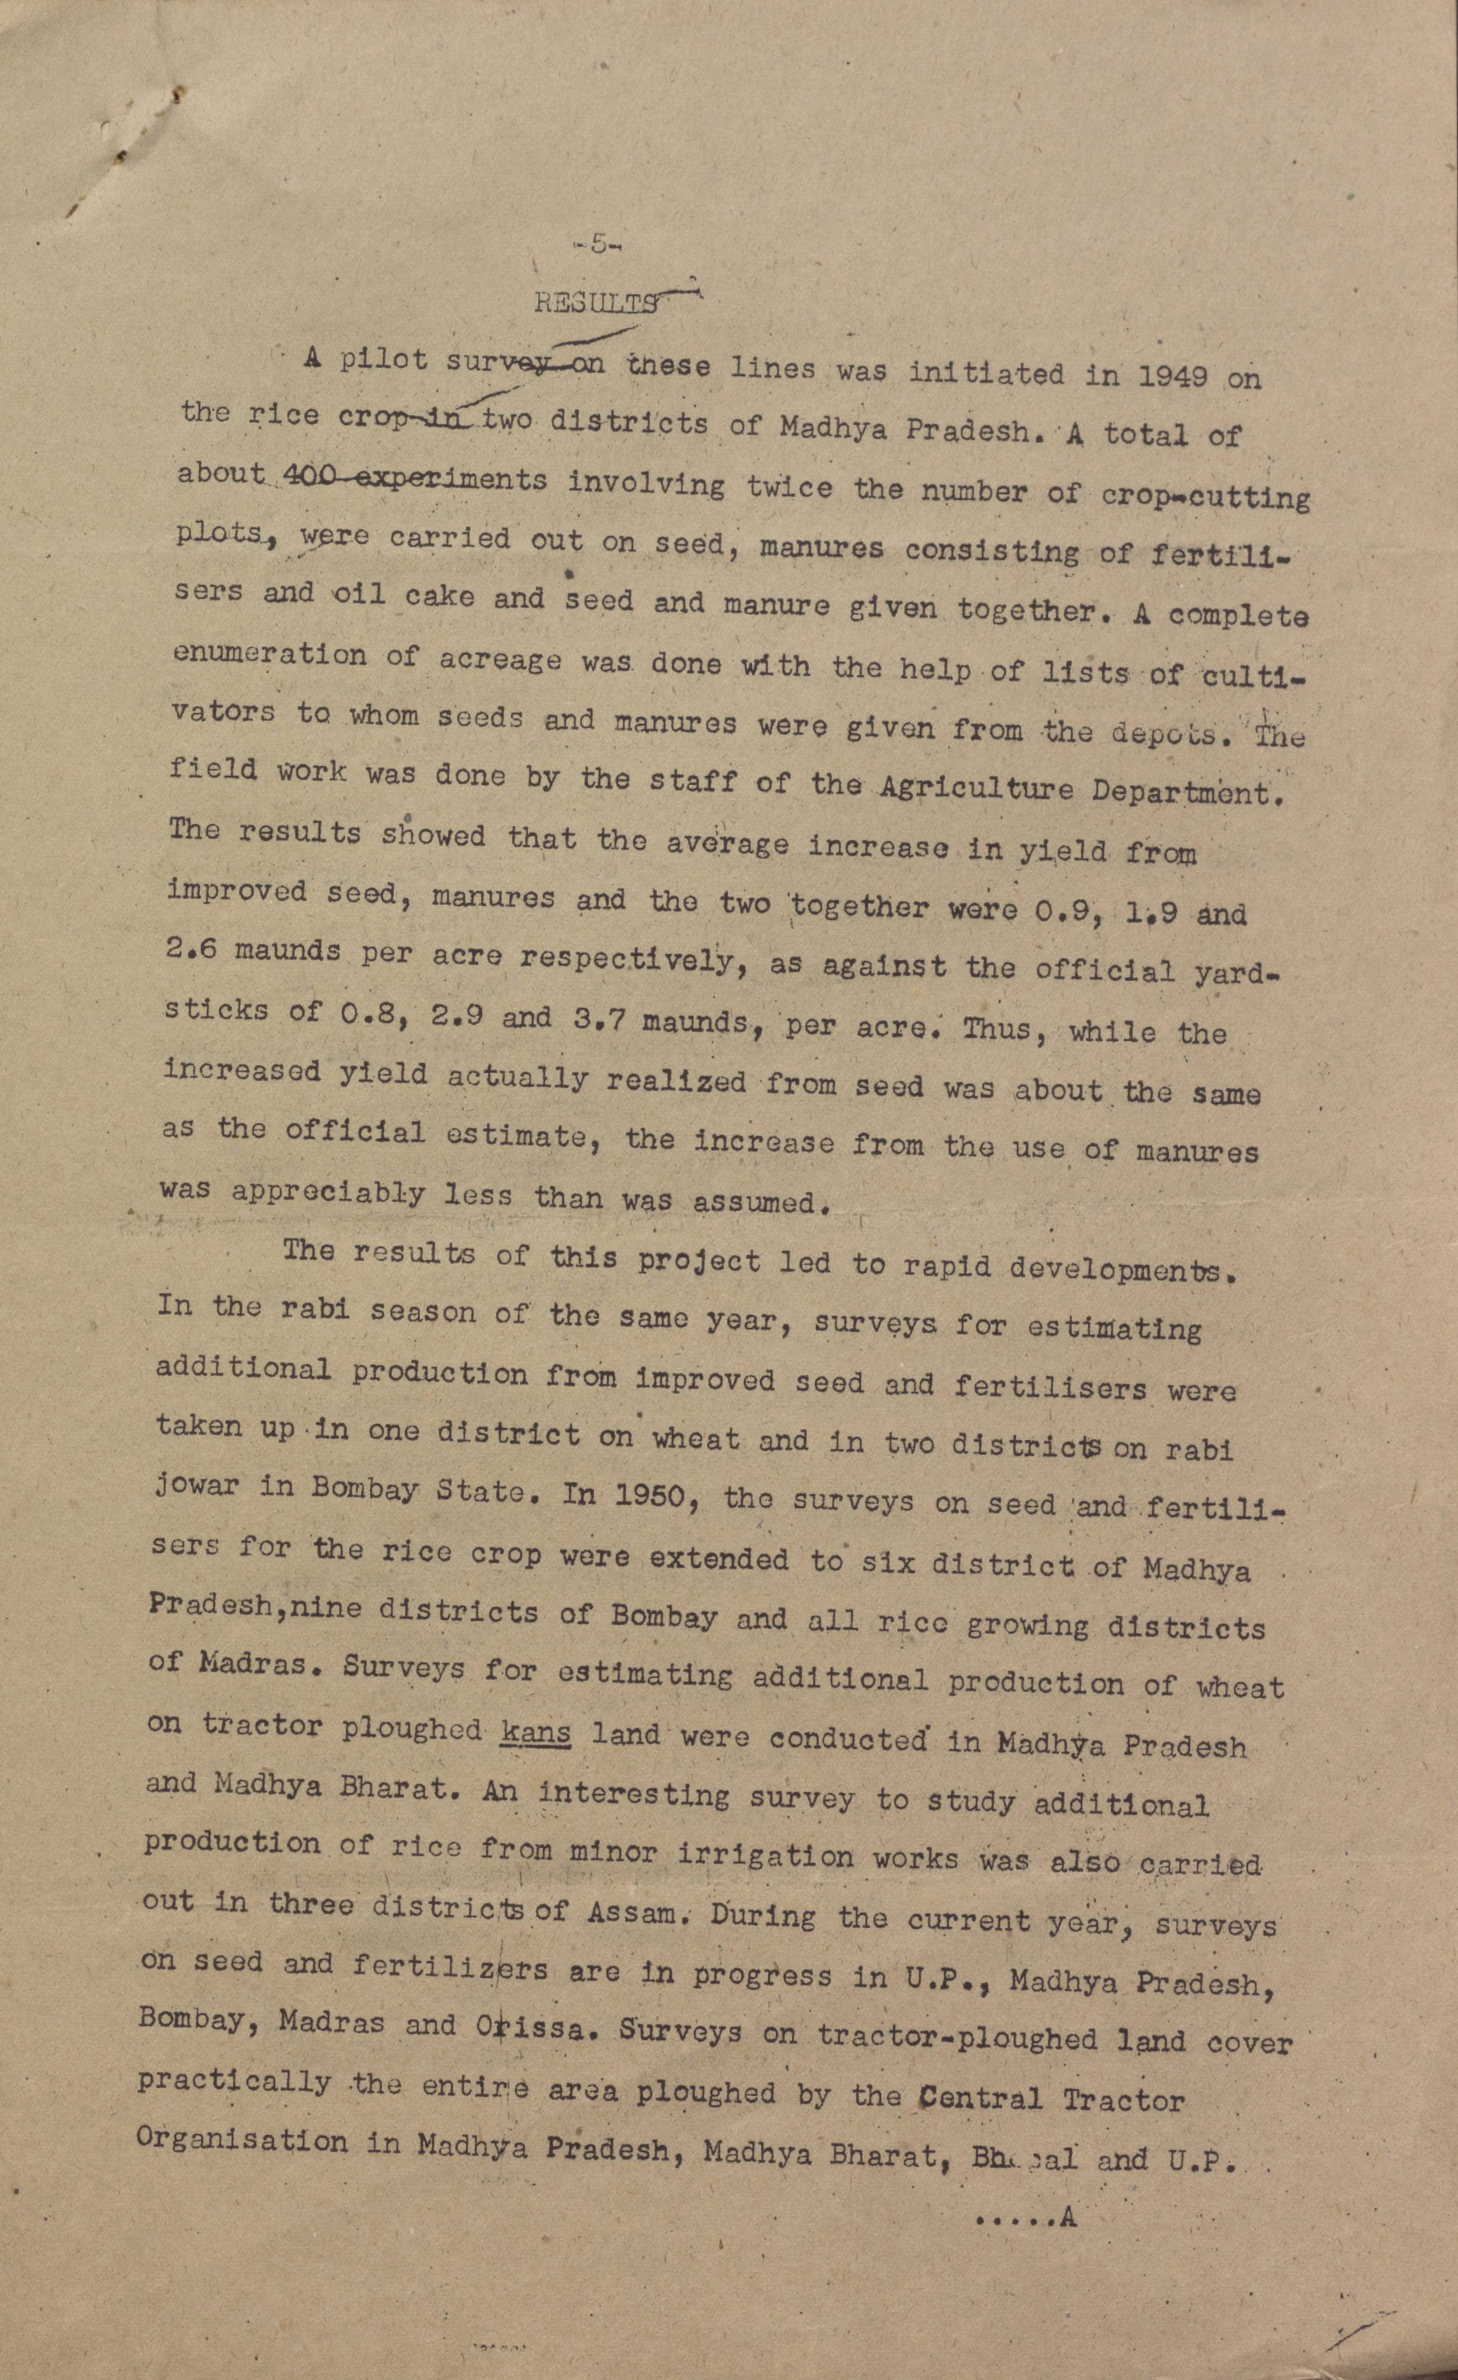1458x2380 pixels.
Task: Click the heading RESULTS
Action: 596,303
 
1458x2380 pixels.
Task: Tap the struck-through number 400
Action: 298,477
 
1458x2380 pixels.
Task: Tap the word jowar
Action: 196,1486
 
